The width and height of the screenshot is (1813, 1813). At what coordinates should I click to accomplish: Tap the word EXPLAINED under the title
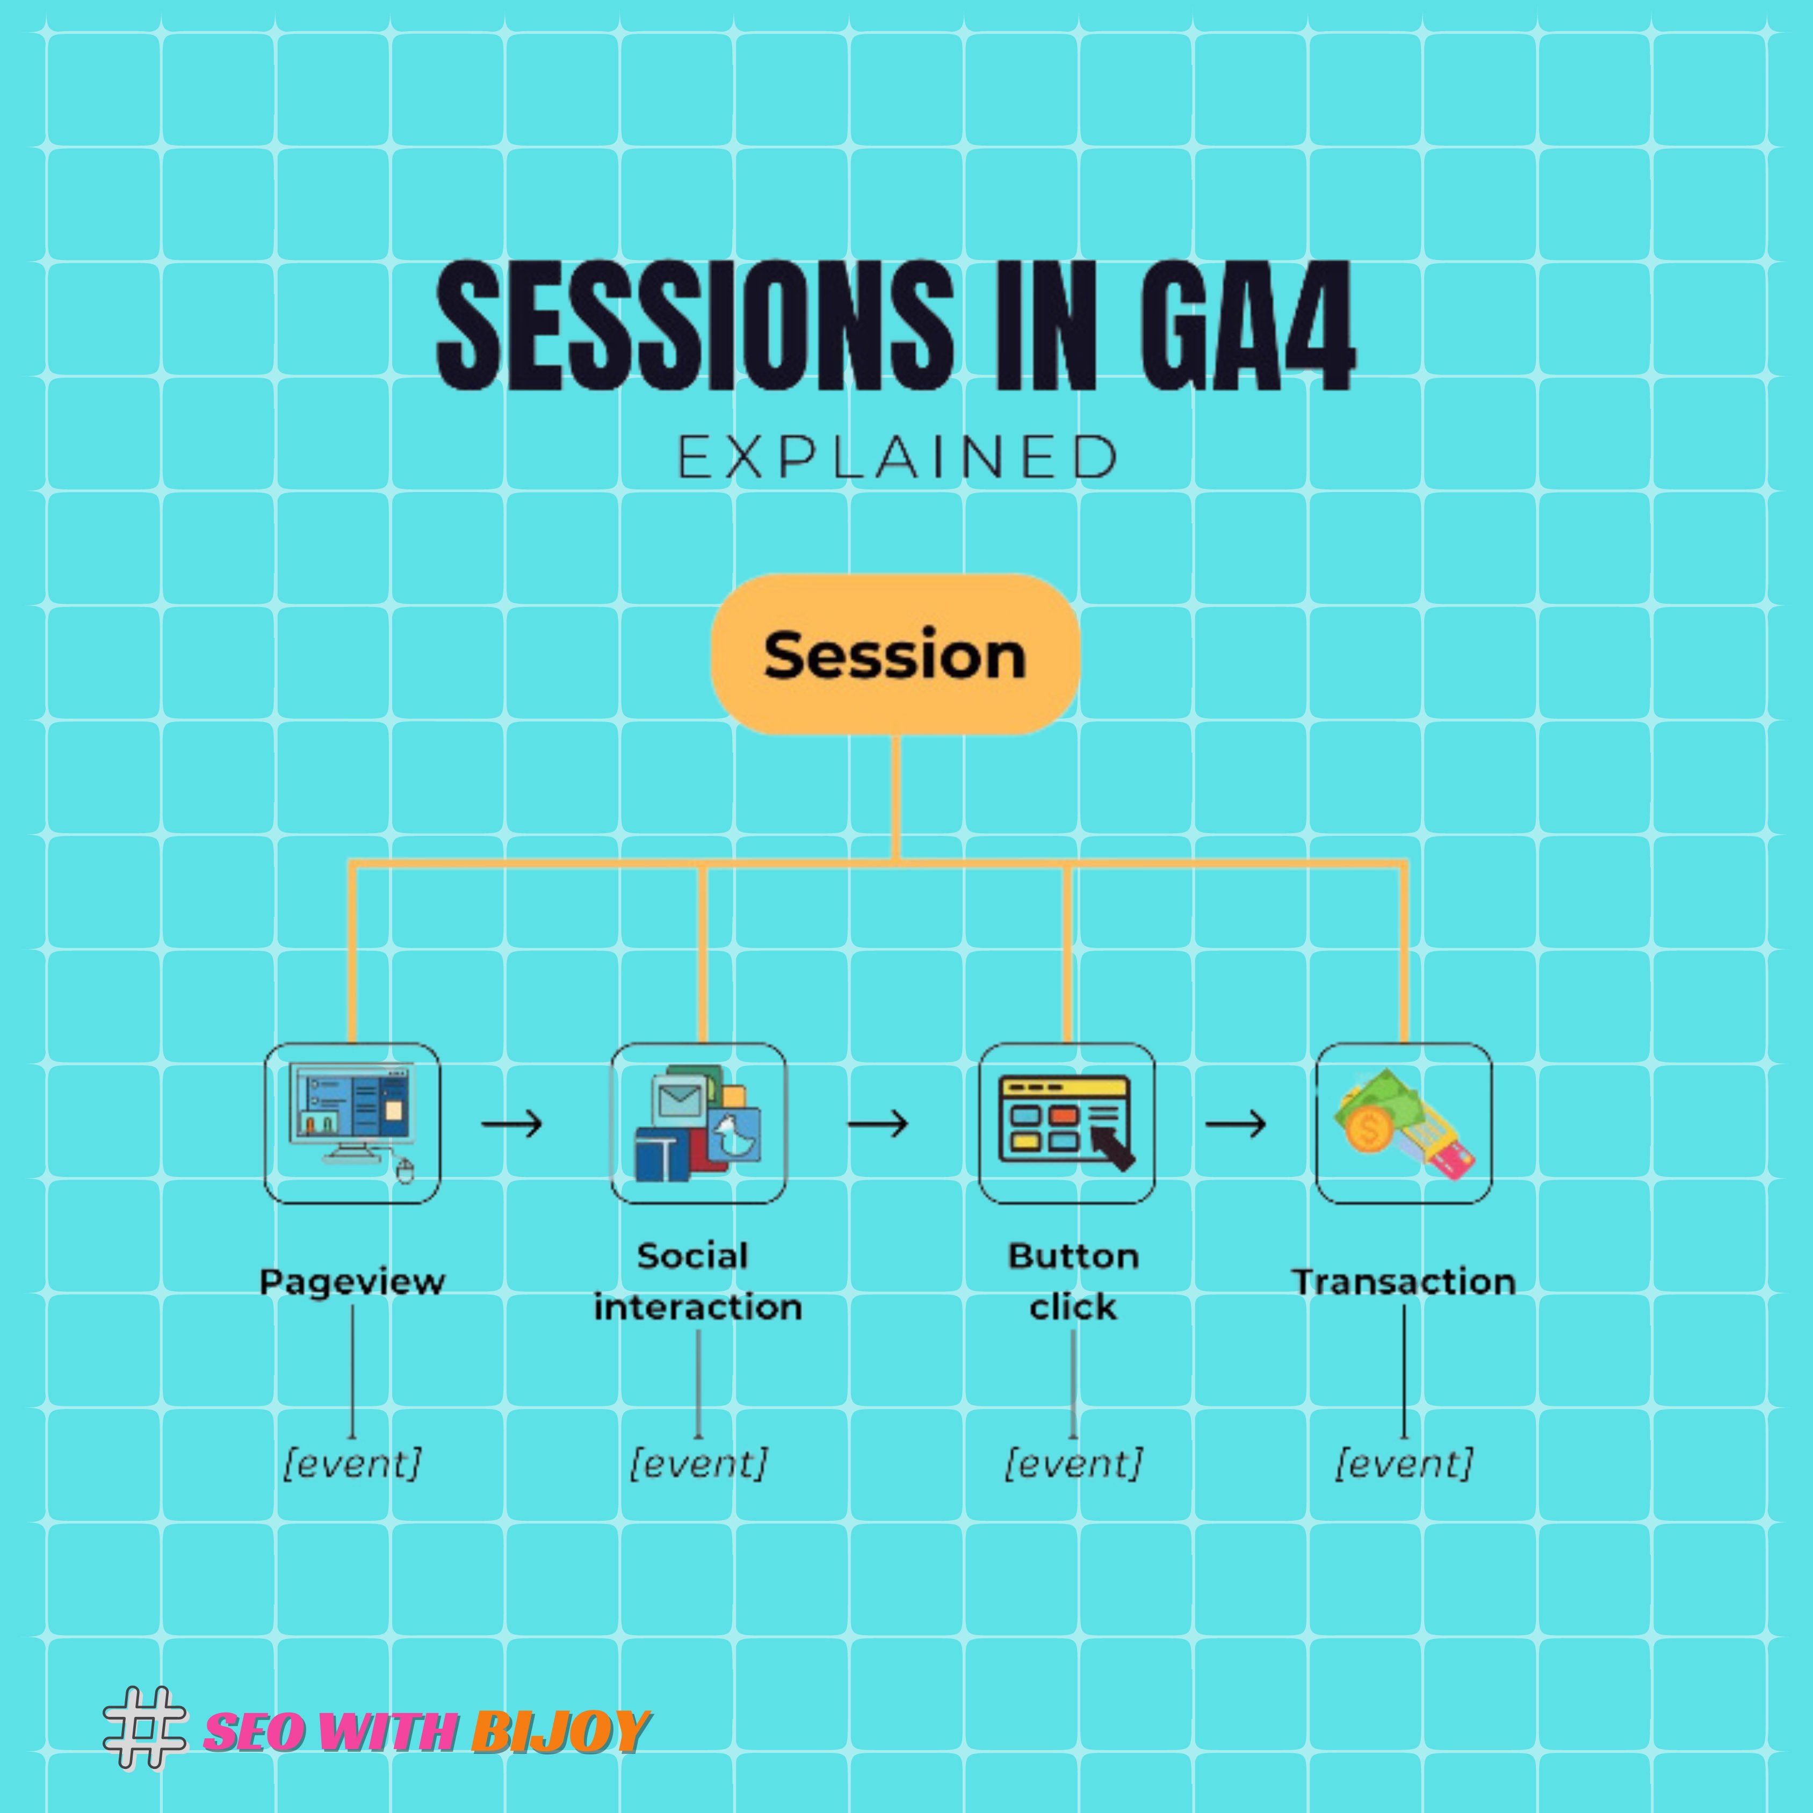tap(897, 457)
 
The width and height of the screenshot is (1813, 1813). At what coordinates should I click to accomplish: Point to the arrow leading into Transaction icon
tap(1236, 1123)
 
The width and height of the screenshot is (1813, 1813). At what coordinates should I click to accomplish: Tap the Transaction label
tap(1404, 1281)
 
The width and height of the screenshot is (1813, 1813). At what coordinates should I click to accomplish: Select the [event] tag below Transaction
tap(1404, 1463)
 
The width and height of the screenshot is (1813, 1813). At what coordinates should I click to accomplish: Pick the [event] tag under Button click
tap(1073, 1463)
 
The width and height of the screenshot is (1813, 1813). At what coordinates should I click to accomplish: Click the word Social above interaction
tap(692, 1255)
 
